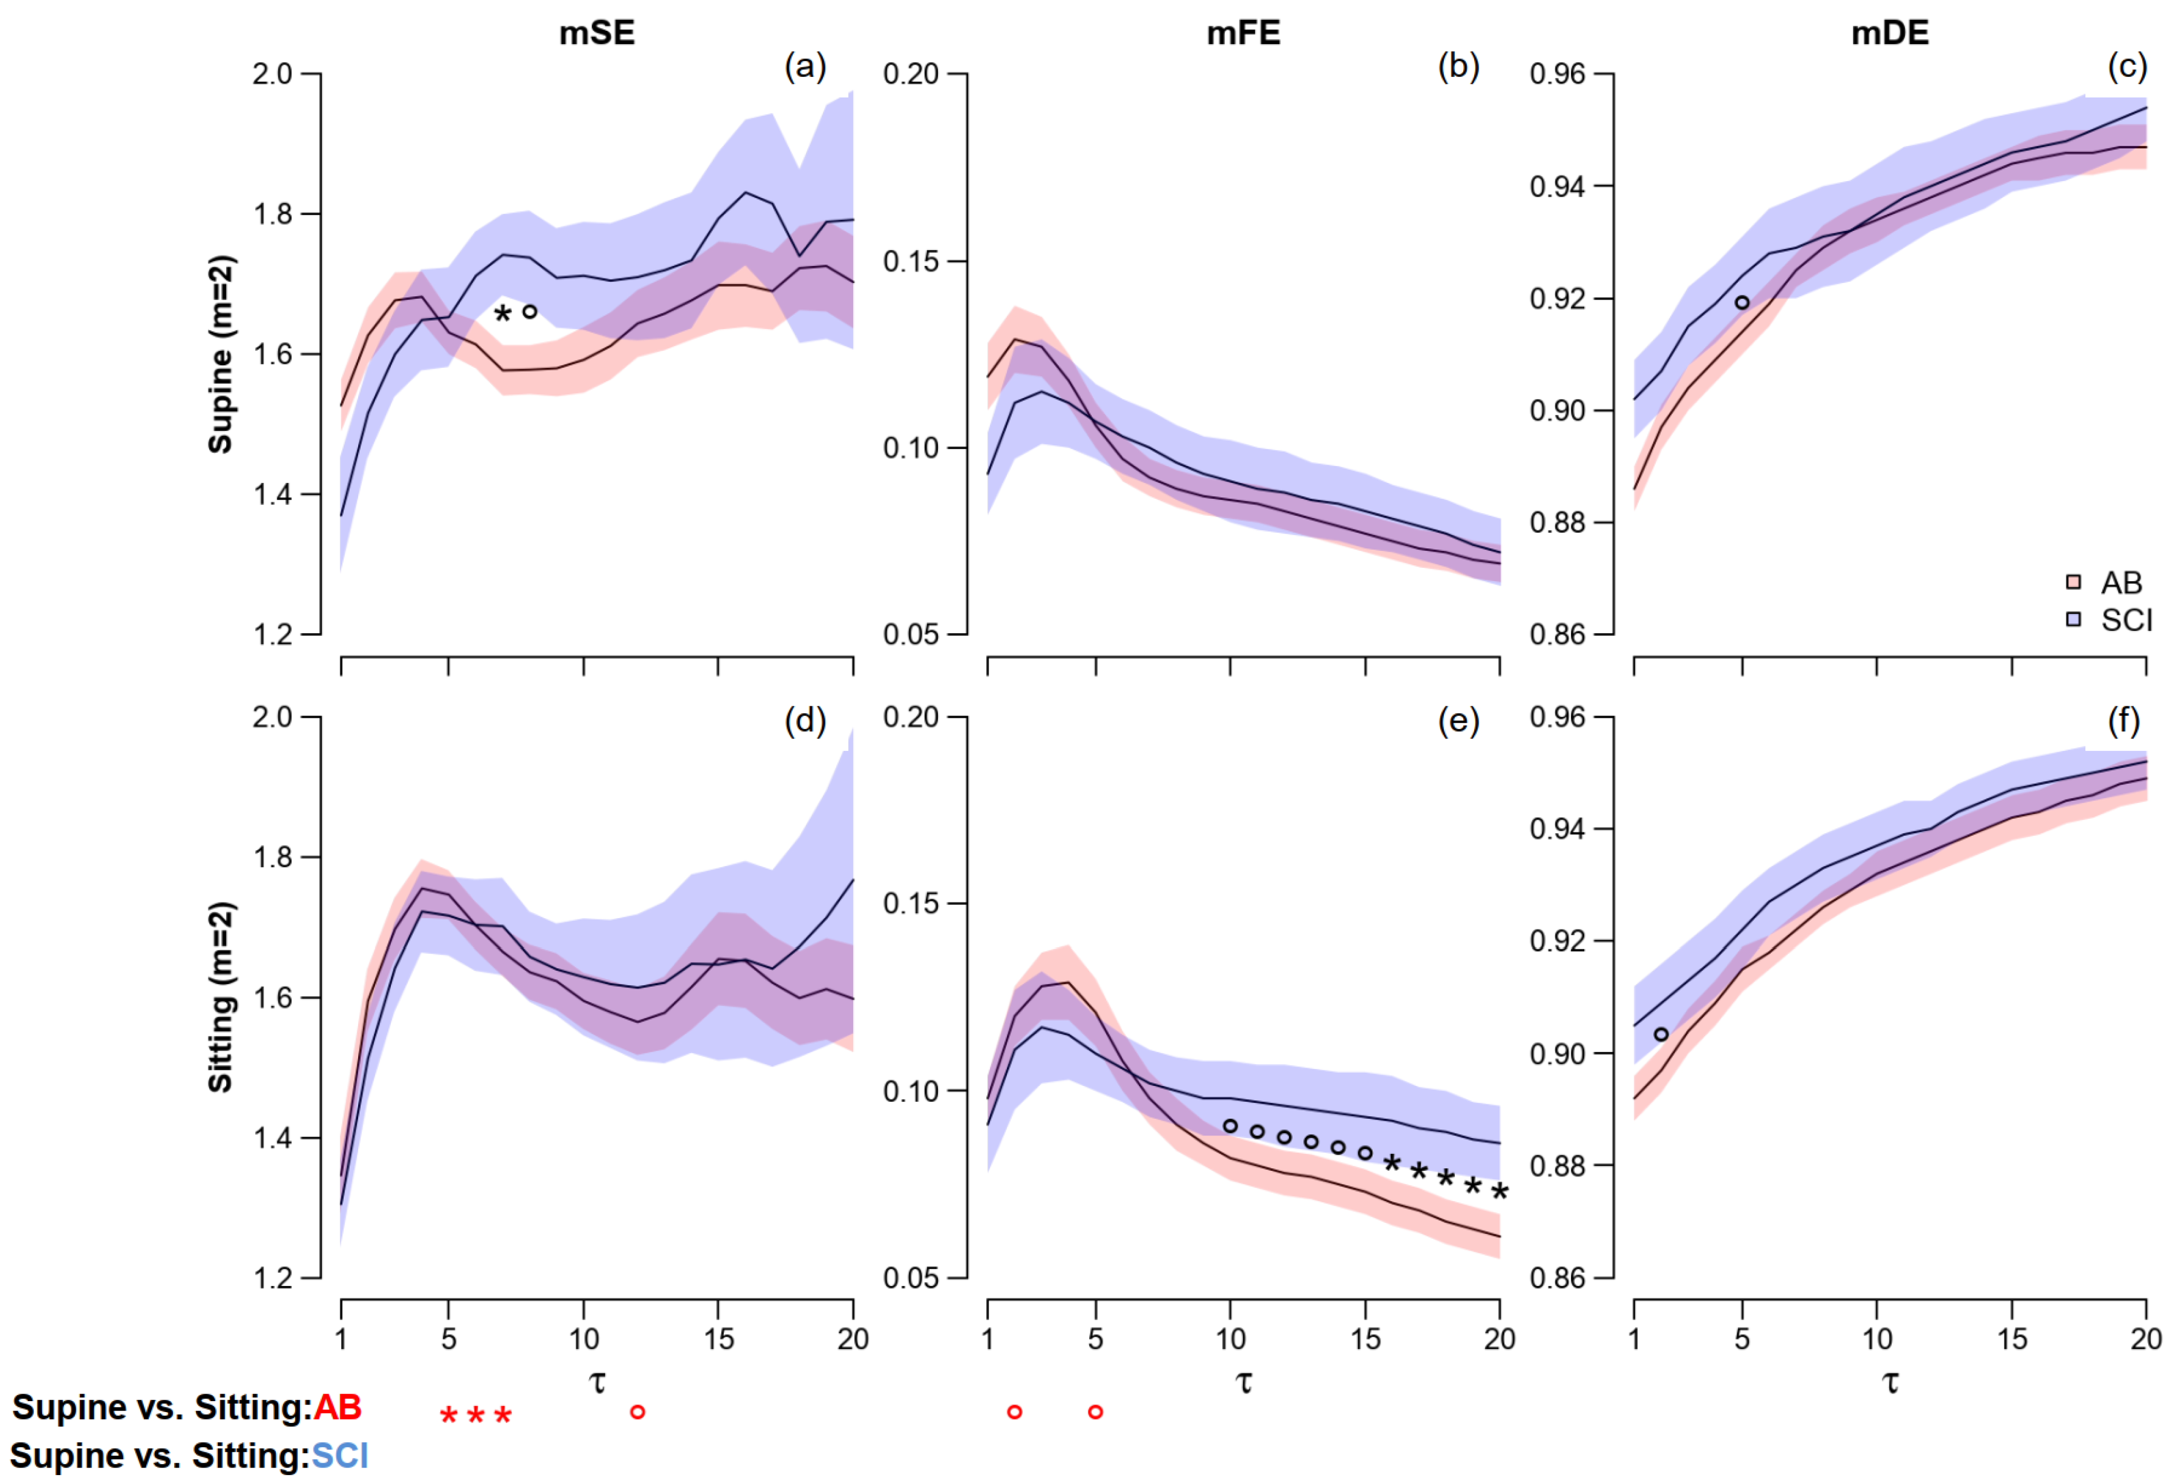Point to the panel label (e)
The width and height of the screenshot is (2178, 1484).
(1458, 721)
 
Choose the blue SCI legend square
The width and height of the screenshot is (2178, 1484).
(2073, 620)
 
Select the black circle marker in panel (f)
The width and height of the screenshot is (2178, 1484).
(1661, 1034)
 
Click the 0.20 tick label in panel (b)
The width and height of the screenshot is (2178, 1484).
(911, 74)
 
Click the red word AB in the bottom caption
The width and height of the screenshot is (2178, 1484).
(337, 1407)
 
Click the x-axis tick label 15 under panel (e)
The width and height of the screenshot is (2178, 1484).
(1366, 1339)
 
